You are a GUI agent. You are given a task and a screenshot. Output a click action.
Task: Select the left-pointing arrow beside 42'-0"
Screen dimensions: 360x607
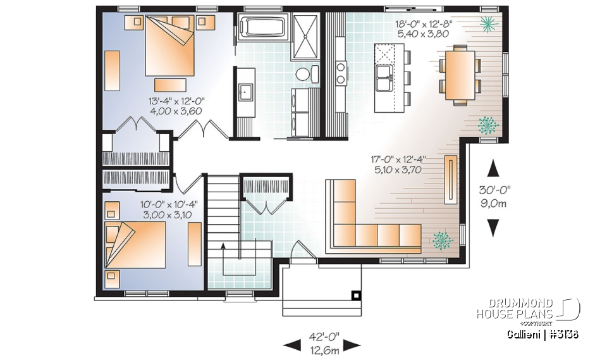tap(292, 345)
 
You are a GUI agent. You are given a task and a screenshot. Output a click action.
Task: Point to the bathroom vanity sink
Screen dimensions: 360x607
tap(244, 91)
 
